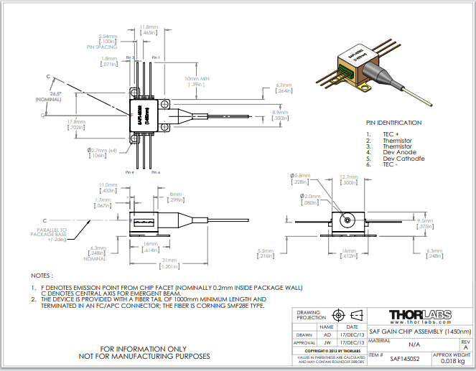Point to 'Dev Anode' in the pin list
pos(398,152)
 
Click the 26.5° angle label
pos(55,93)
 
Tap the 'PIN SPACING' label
pos(101,47)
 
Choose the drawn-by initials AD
pos(327,334)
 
